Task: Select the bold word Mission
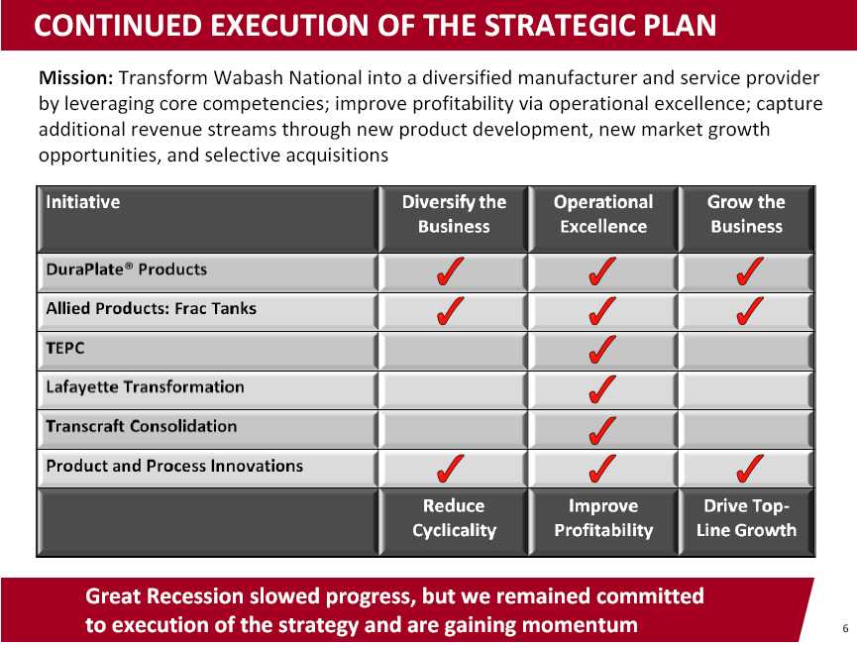[x=76, y=77]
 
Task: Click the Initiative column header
[x=83, y=202]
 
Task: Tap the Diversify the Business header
[x=454, y=214]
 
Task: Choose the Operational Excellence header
[x=603, y=214]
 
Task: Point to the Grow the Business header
[x=746, y=214]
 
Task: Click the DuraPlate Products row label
[x=127, y=269]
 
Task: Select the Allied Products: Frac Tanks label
[x=152, y=308]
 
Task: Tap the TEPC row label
[x=65, y=348]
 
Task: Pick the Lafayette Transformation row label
[x=145, y=387]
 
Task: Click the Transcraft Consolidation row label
[x=142, y=426]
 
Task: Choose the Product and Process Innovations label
[x=174, y=466]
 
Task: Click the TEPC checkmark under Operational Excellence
[x=602, y=350]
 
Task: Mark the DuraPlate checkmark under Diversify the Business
[x=451, y=271]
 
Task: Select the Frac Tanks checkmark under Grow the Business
[x=750, y=310]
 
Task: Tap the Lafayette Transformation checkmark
[x=602, y=389]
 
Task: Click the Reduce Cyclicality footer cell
[x=454, y=517]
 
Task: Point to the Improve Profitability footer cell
[x=603, y=517]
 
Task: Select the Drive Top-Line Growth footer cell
[x=746, y=517]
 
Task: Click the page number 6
[x=845, y=628]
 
